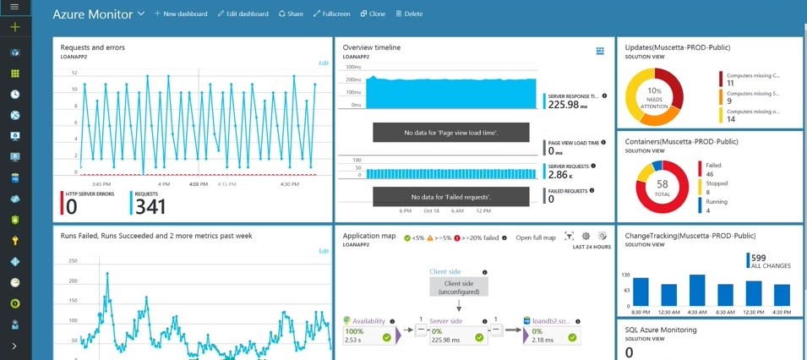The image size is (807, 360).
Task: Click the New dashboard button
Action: pos(180,14)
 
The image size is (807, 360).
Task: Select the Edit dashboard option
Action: pos(242,14)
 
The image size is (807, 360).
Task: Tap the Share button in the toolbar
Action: pos(290,14)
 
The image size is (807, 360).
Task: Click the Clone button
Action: pos(373,14)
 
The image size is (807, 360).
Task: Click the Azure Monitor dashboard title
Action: pos(92,14)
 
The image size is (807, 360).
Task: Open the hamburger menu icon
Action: pos(14,7)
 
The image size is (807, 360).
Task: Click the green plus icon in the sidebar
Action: pos(14,28)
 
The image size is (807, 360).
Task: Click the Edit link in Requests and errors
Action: pos(323,63)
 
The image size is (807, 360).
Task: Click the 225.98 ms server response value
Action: pos(568,106)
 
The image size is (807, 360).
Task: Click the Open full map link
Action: pos(535,237)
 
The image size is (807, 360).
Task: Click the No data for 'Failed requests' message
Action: pos(451,196)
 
